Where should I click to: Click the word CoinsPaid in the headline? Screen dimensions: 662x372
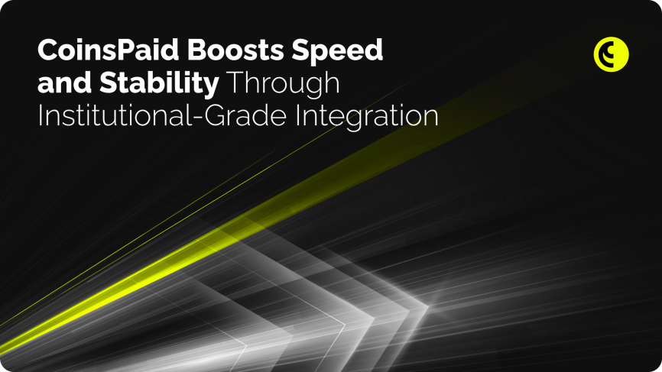point(109,50)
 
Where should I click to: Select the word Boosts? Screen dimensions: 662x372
point(235,50)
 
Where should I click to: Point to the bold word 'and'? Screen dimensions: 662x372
point(64,82)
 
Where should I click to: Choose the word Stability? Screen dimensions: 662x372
point(159,84)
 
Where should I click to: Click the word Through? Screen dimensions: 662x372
point(284,84)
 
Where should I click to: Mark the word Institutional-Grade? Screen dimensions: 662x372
point(162,115)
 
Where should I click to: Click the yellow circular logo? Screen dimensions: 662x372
point(611,54)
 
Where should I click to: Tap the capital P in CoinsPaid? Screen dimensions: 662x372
point(125,50)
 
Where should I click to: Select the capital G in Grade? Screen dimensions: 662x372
point(215,115)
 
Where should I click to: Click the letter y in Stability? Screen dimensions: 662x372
point(211,87)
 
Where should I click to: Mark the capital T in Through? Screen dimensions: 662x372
point(235,82)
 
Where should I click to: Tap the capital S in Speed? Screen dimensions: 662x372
point(300,50)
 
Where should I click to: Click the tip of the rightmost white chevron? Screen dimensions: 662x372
point(429,306)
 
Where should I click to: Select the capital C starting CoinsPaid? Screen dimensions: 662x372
point(47,50)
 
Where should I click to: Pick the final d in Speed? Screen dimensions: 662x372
point(375,50)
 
